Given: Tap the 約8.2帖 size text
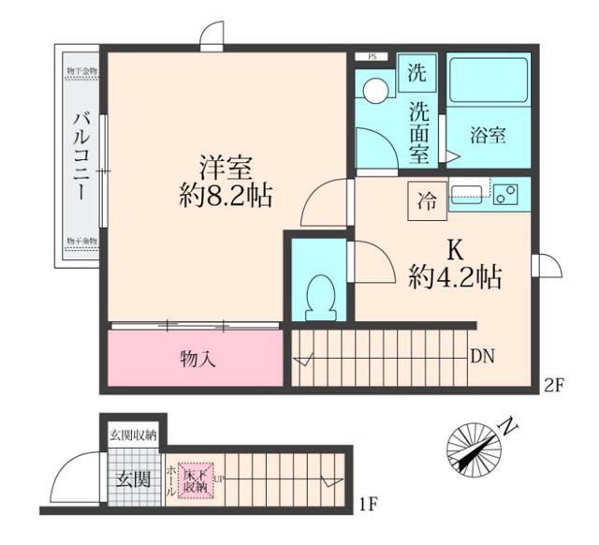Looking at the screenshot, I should [226, 197].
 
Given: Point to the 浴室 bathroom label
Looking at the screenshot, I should [489, 135].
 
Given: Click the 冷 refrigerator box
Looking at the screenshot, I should [426, 199].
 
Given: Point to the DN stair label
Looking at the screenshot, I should [483, 356].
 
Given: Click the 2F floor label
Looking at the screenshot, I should [556, 383].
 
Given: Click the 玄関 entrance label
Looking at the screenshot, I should [133, 479].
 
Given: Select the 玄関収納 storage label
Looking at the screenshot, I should [134, 435].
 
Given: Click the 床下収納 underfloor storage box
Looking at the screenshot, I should [195, 479].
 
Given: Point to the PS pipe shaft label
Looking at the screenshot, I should [372, 56].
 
